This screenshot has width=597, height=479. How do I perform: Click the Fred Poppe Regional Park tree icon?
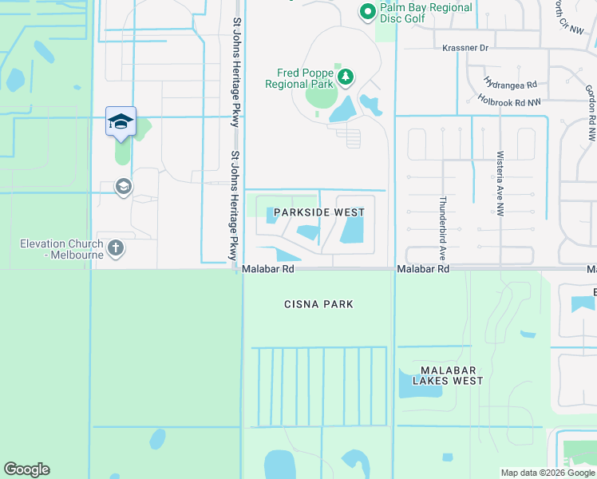(x=346, y=77)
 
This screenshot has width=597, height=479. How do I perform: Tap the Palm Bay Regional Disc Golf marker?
(x=367, y=11)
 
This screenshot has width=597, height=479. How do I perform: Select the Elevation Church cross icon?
(x=116, y=247)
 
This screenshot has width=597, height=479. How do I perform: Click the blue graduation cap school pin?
(x=121, y=121)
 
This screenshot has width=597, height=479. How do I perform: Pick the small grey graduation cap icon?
(x=123, y=188)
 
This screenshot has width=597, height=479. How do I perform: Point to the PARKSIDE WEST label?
(x=318, y=212)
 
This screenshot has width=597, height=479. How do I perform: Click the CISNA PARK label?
(x=318, y=304)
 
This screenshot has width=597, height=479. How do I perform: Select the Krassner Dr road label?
(x=465, y=48)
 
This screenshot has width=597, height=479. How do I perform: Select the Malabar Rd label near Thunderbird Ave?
(x=424, y=270)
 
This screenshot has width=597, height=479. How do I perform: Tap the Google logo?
(x=26, y=469)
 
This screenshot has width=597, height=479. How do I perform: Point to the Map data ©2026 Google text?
(x=547, y=473)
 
